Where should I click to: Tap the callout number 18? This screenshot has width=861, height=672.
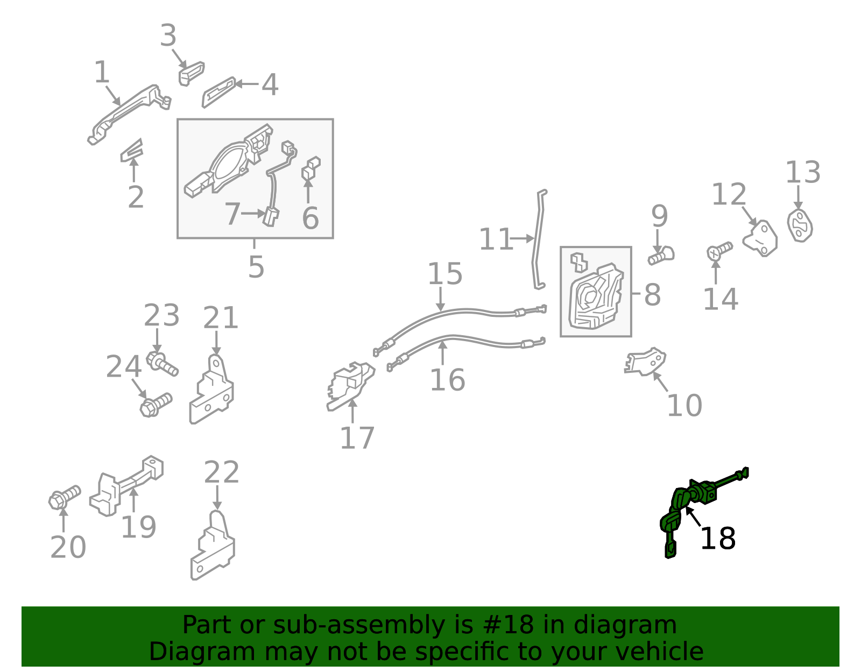pyautogui.click(x=718, y=539)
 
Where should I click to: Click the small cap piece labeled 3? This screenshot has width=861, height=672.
pyautogui.click(x=192, y=73)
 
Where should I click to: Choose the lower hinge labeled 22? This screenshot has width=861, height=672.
pyautogui.click(x=213, y=547)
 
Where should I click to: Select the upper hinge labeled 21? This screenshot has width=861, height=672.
pyautogui.click(x=211, y=390)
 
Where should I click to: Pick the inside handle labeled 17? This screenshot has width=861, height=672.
pyautogui.click(x=350, y=386)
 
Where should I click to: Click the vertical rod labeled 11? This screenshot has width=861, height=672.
pyautogui.click(x=538, y=239)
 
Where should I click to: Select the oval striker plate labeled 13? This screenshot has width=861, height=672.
pyautogui.click(x=800, y=225)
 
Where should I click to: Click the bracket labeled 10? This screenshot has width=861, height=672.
pyautogui.click(x=645, y=362)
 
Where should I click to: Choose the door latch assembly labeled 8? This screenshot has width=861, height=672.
pyautogui.click(x=596, y=296)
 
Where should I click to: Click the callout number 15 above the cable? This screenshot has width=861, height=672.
pyautogui.click(x=445, y=274)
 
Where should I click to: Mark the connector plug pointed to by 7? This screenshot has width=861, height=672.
pyautogui.click(x=271, y=217)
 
